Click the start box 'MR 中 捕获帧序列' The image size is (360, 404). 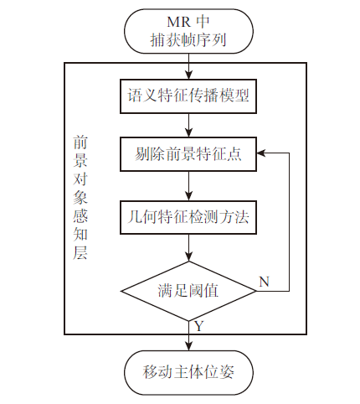(x=188, y=31)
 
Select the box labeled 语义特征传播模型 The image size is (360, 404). (x=188, y=96)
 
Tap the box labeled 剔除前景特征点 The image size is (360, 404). (x=188, y=154)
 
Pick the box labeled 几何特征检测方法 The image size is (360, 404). (x=188, y=217)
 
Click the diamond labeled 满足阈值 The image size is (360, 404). (x=188, y=291)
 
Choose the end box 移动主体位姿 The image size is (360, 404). (x=188, y=372)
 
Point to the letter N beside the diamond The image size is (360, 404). (x=264, y=282)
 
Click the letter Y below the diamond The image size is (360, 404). (x=198, y=326)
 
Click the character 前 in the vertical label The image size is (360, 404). (x=80, y=142)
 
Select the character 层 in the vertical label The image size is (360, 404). (x=80, y=252)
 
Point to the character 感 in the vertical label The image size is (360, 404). (x=80, y=216)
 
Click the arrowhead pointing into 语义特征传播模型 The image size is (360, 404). (x=189, y=75)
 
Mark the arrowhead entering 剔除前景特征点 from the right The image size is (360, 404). (x=261, y=153)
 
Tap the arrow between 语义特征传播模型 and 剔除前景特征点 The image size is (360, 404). (x=189, y=125)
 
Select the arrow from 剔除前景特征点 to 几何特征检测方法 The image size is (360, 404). (x=189, y=186)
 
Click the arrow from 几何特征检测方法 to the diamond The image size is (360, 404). (x=189, y=248)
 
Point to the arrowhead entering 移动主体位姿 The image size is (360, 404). (x=189, y=346)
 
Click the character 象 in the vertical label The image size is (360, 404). (x=80, y=198)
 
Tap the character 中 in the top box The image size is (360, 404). (x=203, y=22)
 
